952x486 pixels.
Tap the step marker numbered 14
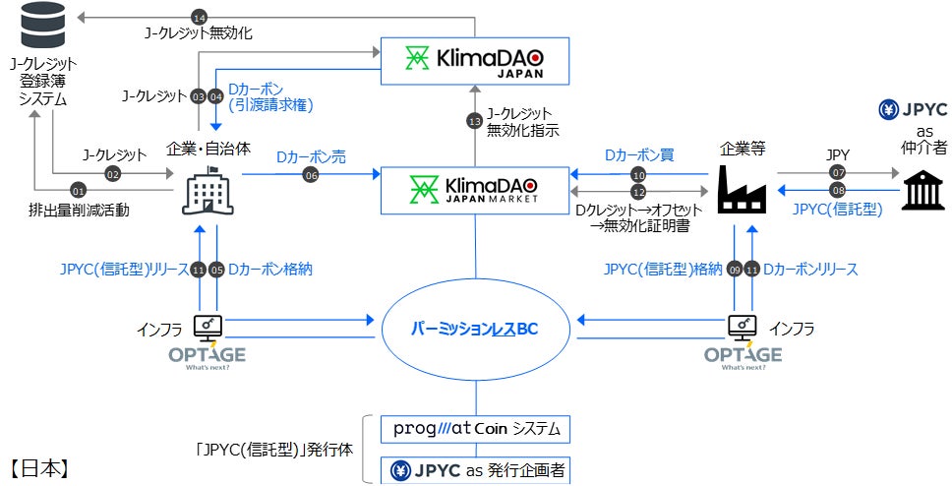click(x=200, y=18)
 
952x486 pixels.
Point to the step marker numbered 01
click(x=79, y=189)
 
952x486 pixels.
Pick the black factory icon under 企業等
click(x=741, y=188)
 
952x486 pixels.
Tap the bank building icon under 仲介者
click(x=922, y=188)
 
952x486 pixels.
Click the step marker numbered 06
click(x=312, y=173)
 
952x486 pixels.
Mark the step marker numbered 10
click(x=637, y=173)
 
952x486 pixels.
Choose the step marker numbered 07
click(x=837, y=173)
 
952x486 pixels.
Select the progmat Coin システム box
click(x=476, y=430)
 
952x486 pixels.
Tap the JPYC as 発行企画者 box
click(x=476, y=470)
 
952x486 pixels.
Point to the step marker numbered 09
click(x=734, y=269)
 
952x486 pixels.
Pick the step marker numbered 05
click(x=216, y=269)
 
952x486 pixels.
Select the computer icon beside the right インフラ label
click(x=742, y=324)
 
